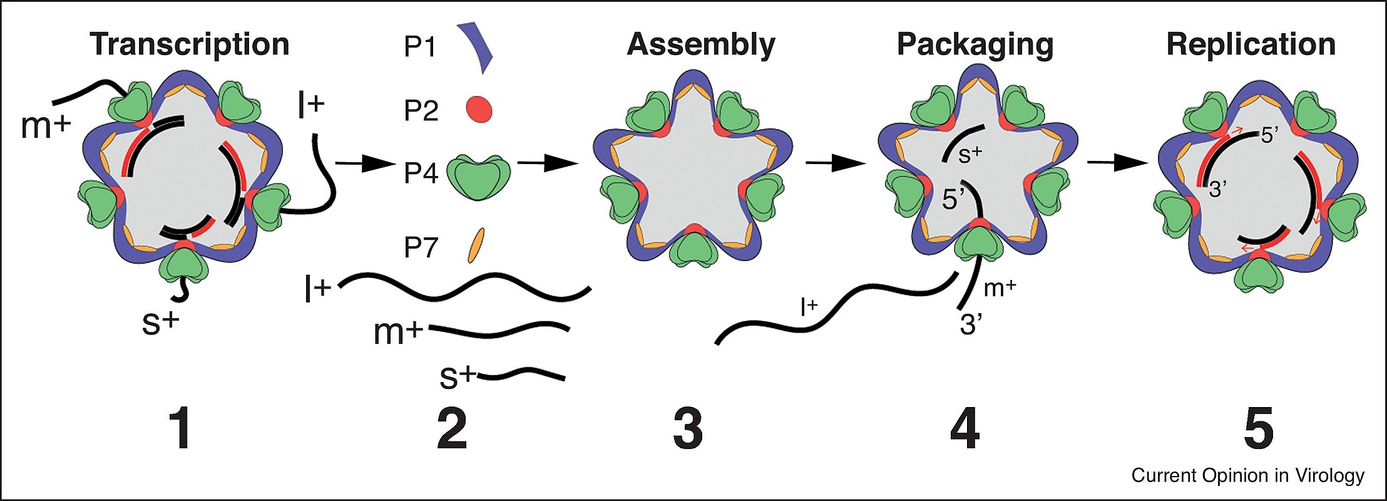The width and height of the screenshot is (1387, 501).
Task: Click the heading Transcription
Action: [189, 45]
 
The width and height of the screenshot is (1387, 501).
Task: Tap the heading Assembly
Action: [701, 45]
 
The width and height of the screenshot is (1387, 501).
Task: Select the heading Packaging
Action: [975, 45]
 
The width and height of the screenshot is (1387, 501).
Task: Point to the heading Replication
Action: [1251, 45]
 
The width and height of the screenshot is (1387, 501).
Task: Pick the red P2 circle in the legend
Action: [479, 110]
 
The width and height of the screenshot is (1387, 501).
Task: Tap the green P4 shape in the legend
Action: [479, 178]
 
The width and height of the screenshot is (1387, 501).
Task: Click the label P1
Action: [420, 47]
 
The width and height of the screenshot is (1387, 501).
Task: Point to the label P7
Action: [420, 248]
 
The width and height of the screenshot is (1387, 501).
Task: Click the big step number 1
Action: [181, 429]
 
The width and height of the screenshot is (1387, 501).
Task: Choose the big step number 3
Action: [688, 429]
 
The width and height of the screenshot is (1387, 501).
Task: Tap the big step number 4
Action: [965, 429]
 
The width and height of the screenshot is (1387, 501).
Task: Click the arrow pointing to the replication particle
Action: [1117, 163]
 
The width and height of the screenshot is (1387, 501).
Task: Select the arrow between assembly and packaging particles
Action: [835, 163]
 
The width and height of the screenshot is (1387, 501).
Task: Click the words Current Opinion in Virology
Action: [1247, 476]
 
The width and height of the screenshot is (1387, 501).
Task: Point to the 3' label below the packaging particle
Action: [971, 325]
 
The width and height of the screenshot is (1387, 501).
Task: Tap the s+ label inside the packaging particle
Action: [970, 154]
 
